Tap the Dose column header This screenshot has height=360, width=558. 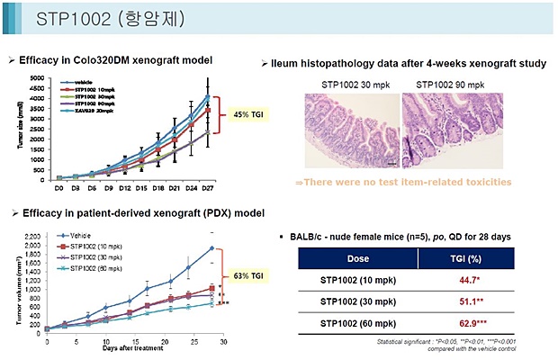342,257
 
